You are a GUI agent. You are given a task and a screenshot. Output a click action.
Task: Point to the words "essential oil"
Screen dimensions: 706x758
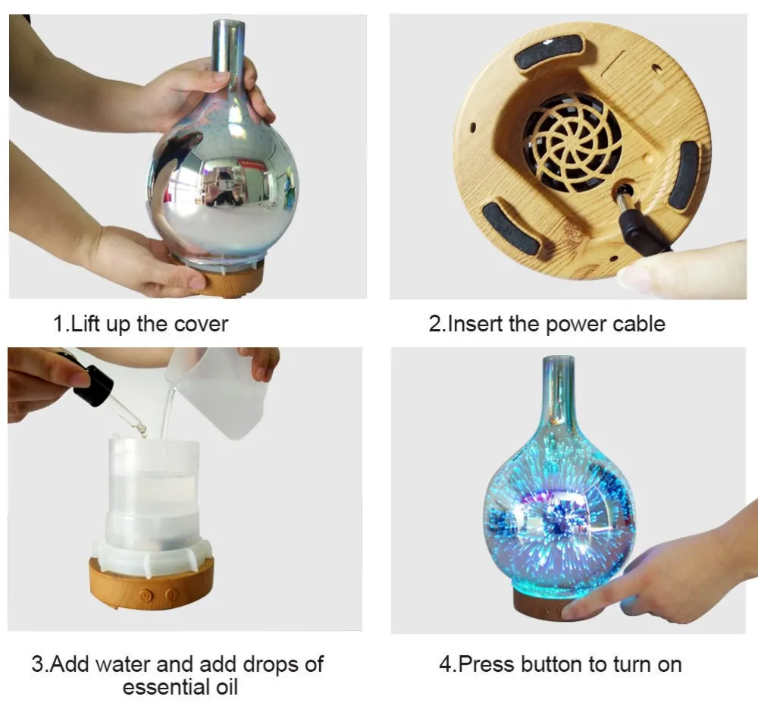pos(180,687)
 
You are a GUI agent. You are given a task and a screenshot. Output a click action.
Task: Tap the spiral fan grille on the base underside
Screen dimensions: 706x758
pos(572,143)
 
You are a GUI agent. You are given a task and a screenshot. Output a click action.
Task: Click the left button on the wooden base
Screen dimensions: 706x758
pos(143,596)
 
